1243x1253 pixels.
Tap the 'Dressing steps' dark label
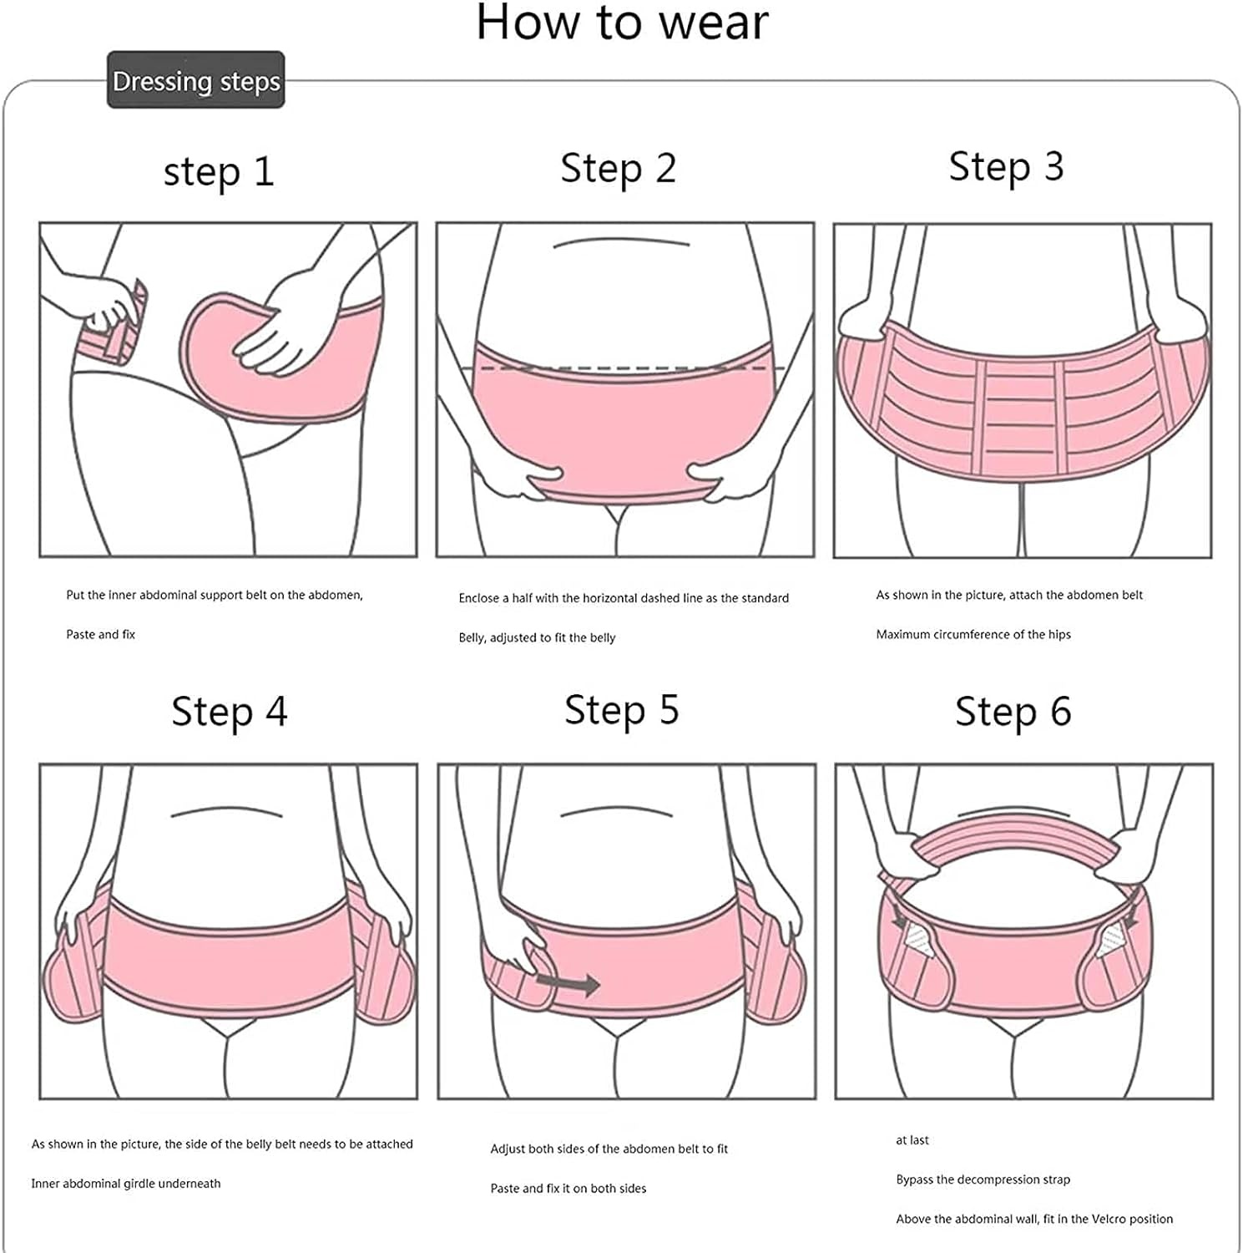[x=196, y=81]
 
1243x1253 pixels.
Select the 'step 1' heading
[x=219, y=172]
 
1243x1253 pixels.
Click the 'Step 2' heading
[x=619, y=168]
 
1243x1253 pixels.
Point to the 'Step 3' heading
[x=1007, y=166]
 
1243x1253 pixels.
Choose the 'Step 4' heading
[x=230, y=712]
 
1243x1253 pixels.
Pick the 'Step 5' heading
[x=622, y=710]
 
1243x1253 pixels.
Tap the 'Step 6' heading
[x=1013, y=712]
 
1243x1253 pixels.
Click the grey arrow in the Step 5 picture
[x=568, y=984]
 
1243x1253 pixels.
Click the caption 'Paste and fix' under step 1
[x=100, y=634]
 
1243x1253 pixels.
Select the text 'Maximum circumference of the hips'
[x=973, y=634]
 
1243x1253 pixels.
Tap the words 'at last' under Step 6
[x=912, y=1140]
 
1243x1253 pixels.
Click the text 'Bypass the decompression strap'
[x=983, y=1179]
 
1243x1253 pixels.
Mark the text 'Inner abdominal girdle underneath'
[x=126, y=1183]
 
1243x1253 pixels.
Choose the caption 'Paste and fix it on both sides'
[x=568, y=1188]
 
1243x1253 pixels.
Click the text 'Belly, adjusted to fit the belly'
[x=537, y=637]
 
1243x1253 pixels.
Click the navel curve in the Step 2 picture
[x=622, y=243]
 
